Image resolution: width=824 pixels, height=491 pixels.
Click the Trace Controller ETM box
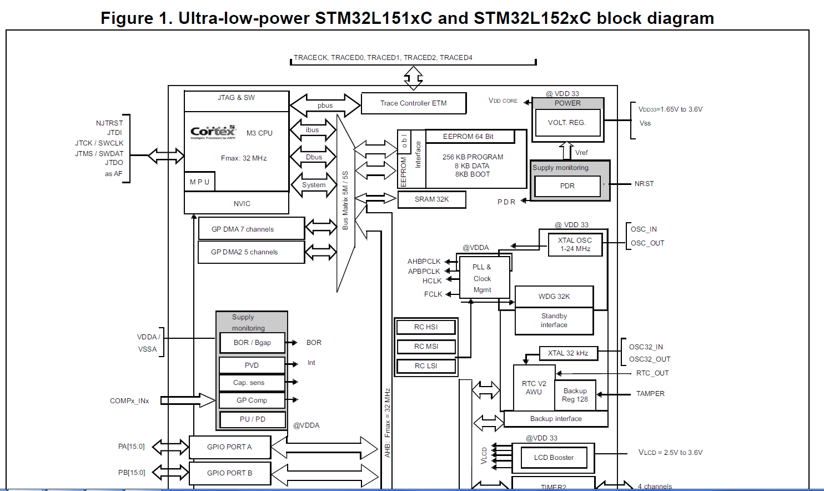coord(413,103)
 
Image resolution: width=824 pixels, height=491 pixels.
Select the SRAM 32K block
coord(431,199)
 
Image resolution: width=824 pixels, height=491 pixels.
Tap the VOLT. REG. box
coord(567,123)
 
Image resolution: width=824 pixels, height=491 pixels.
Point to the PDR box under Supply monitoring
coord(567,186)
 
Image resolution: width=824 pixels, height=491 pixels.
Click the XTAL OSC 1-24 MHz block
coord(575,244)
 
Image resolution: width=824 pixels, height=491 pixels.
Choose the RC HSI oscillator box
coord(426,327)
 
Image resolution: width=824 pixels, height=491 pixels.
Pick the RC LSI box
coord(426,366)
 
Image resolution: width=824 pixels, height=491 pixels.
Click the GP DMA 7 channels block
coord(251,229)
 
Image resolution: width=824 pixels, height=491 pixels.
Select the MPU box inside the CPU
coord(199,182)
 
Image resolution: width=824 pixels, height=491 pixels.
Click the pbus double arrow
coord(325,105)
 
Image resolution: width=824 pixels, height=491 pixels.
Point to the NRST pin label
coord(644,184)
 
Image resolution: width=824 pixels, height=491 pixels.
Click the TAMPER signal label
coord(650,394)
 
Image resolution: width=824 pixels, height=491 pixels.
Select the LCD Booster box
coord(554,458)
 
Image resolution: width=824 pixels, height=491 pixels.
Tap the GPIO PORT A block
coord(230,447)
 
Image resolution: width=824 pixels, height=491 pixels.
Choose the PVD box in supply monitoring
coord(252,365)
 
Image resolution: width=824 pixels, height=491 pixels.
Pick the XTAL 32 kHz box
coord(568,353)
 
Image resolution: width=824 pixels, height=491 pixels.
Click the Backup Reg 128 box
coord(575,395)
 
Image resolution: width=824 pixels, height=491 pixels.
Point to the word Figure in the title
coord(126,18)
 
